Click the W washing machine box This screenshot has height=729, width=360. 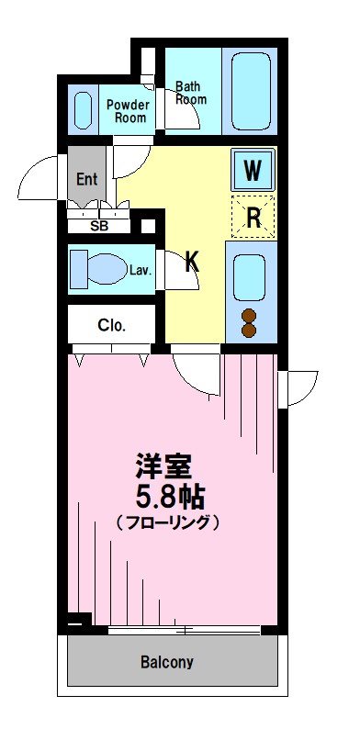(x=253, y=170)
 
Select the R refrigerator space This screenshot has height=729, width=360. (x=253, y=218)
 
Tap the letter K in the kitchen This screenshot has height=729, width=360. (x=192, y=263)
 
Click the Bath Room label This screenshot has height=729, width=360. (x=191, y=93)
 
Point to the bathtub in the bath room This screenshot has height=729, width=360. (x=253, y=92)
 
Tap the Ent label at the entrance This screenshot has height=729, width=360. (x=85, y=179)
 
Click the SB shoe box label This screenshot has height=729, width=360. (x=97, y=225)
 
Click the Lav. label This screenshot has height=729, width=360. (x=141, y=270)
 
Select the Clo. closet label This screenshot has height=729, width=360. (x=112, y=324)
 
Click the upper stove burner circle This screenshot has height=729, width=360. (x=249, y=316)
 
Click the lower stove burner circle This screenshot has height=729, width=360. (x=249, y=331)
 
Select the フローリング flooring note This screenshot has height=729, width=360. (x=168, y=522)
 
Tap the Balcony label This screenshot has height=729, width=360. (x=166, y=661)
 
